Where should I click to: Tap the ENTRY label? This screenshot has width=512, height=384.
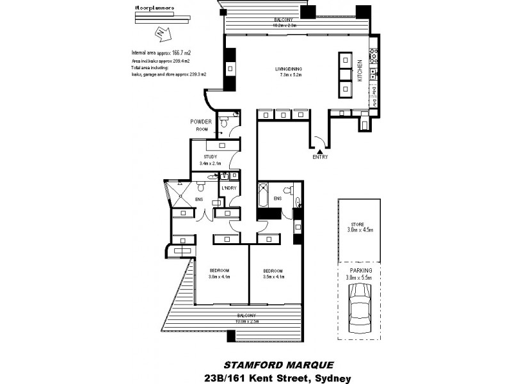point(320,157)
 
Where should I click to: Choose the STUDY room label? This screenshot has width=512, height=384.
point(211,157)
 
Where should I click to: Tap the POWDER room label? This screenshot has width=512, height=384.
point(200,122)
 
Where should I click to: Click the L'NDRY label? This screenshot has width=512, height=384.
point(228,188)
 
